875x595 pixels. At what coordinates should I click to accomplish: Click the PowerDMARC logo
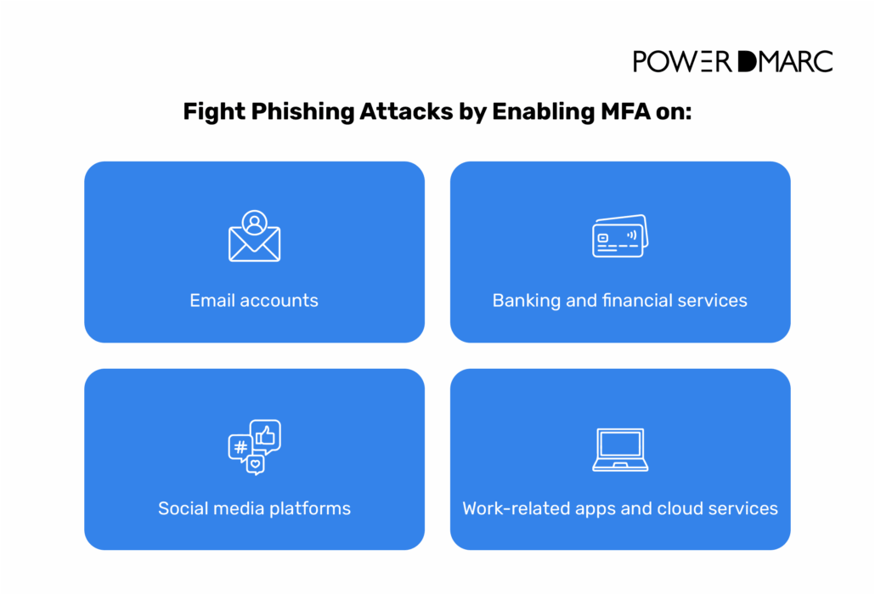click(x=732, y=61)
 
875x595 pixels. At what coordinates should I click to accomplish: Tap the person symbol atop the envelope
click(x=254, y=223)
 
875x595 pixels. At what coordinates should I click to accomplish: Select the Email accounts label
click(x=254, y=300)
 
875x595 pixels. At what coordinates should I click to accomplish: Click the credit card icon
click(x=619, y=236)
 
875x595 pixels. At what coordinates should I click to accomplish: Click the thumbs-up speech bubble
click(x=266, y=435)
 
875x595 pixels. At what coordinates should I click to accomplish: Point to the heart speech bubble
click(x=255, y=465)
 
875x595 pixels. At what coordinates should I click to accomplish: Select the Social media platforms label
click(x=254, y=508)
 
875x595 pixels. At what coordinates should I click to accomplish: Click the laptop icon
click(x=620, y=450)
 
